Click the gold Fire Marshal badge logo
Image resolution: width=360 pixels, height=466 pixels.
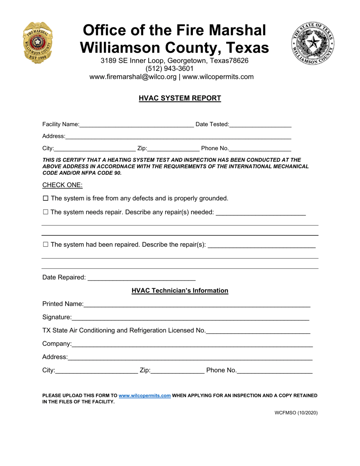tap(38, 42)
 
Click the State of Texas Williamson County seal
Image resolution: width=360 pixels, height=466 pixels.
tap(313, 43)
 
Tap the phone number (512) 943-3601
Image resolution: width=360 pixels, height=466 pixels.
tap(169, 69)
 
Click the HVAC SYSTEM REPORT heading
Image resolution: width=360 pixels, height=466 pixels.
tap(180, 98)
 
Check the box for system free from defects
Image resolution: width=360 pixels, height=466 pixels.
tap(46, 198)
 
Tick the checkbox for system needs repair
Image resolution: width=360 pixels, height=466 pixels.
tap(46, 212)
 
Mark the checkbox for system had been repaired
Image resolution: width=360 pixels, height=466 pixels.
tap(46, 245)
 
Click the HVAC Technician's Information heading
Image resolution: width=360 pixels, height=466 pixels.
tap(180, 291)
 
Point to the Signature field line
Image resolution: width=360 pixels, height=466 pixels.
tap(190, 318)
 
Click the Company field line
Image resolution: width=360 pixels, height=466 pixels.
tap(192, 344)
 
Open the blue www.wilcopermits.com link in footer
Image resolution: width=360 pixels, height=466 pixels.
tap(144, 396)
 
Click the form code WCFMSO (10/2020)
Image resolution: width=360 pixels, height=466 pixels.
tap(296, 413)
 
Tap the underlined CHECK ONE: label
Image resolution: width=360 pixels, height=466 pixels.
tap(62, 185)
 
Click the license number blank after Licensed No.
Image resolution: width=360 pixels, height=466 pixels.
tap(258, 331)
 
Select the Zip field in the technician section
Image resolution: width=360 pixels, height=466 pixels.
tap(177, 371)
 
